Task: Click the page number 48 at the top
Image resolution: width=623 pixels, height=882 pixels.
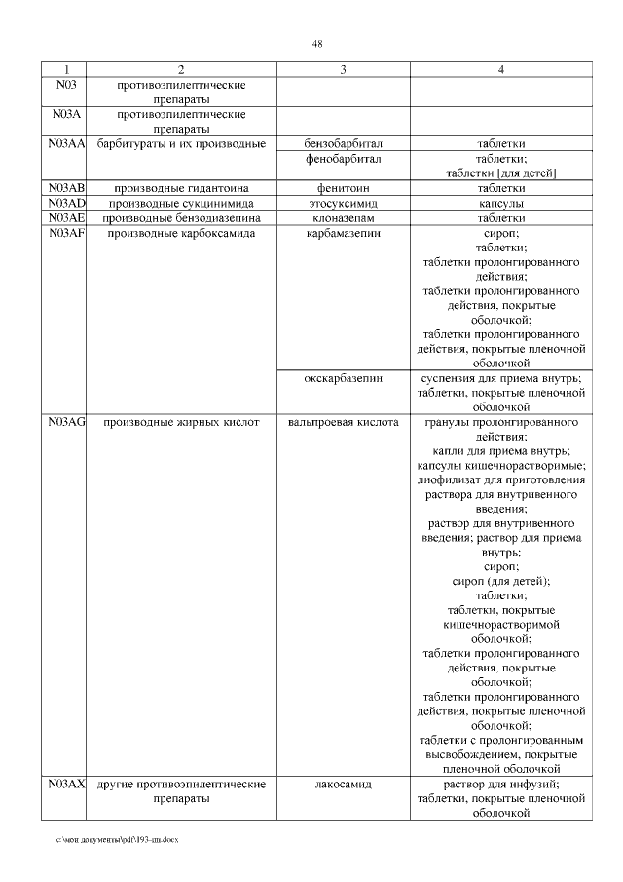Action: [x=317, y=44]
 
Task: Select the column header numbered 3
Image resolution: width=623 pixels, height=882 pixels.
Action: [x=343, y=70]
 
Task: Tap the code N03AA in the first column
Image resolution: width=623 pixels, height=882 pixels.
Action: [x=66, y=144]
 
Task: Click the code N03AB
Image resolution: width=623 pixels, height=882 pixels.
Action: [x=66, y=187]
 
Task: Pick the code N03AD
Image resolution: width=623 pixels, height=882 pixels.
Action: [x=66, y=203]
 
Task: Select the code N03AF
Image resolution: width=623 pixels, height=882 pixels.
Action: [x=66, y=233]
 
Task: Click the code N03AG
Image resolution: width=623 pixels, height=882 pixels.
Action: [x=66, y=422]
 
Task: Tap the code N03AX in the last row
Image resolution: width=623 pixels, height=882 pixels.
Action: [x=66, y=785]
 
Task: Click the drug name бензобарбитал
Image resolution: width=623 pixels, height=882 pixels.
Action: [x=343, y=144]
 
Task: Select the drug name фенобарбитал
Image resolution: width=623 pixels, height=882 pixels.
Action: [x=343, y=158]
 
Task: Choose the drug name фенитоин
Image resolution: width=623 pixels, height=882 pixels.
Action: [x=343, y=187]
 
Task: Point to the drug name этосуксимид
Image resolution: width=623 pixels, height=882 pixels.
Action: [x=343, y=203]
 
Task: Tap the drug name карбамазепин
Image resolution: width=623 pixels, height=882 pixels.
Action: [x=343, y=233]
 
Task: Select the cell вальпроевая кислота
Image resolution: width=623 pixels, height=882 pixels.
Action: [x=343, y=422]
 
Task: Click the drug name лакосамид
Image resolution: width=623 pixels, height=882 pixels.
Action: [x=343, y=785]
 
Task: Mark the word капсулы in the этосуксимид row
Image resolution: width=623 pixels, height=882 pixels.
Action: [x=500, y=203]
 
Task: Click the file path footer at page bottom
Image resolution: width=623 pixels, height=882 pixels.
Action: [x=118, y=839]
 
